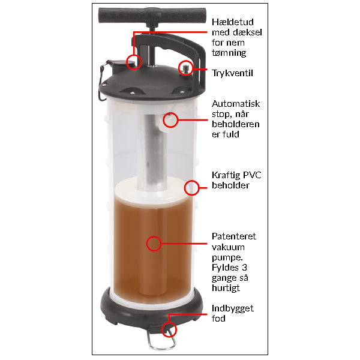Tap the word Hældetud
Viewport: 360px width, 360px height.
233,22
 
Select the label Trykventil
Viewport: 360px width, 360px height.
232,73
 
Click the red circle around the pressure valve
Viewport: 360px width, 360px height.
186,68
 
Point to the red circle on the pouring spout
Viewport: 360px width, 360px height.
134,62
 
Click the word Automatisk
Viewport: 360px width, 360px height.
236,104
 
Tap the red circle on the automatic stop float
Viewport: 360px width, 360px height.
170,119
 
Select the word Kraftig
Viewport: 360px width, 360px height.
226,175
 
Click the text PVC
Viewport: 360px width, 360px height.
252,175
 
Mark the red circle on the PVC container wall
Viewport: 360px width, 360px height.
191,188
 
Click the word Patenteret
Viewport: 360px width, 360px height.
234,236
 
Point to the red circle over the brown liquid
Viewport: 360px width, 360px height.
154,244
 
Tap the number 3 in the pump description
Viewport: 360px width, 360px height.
244,268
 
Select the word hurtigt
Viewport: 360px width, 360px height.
226,288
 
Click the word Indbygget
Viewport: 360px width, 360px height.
233,308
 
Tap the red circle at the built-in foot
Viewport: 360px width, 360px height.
169,329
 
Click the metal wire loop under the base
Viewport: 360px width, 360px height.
161,338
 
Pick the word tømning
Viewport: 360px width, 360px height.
229,53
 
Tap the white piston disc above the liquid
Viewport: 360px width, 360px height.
152,190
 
